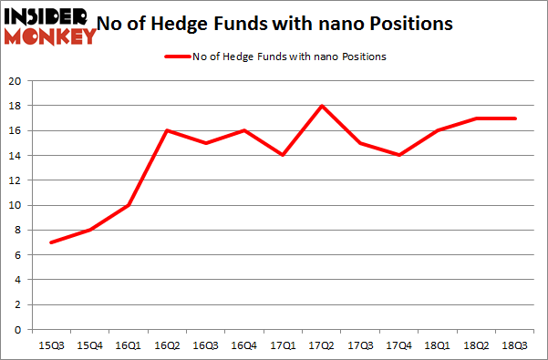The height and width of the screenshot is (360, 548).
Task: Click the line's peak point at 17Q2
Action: (322, 106)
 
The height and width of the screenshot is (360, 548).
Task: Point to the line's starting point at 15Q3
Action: (51, 242)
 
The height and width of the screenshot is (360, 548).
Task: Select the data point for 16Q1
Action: (129, 205)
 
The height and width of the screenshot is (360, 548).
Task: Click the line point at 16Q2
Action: (168, 130)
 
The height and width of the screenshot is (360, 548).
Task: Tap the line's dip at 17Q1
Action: (284, 155)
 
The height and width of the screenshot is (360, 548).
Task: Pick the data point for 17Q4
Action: (399, 155)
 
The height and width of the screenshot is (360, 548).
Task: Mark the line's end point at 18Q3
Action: (515, 118)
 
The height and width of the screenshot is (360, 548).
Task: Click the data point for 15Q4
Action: (90, 230)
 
